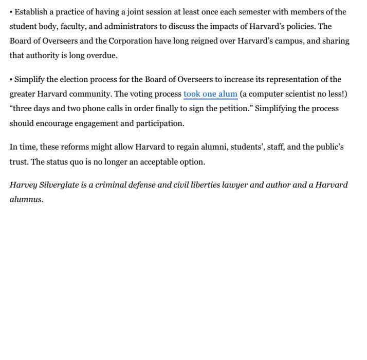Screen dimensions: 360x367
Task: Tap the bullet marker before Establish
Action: tap(11, 12)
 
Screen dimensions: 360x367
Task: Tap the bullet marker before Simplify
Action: tap(11, 79)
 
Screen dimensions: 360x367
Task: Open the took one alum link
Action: tap(210, 94)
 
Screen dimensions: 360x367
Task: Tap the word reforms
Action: tap(76, 147)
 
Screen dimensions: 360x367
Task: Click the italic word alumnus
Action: tap(26, 200)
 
